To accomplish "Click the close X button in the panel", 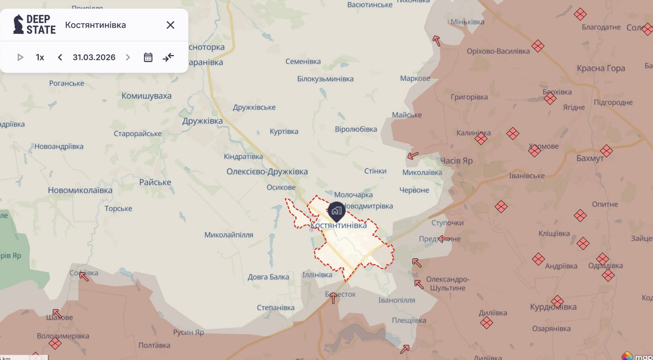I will tap(170, 25).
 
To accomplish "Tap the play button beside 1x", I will tap(20, 57).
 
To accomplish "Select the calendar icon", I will tap(148, 57).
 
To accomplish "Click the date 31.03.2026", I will tap(94, 57).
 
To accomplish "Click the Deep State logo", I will tap(34, 24).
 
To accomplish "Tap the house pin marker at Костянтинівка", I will tap(336, 210).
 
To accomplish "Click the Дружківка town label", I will tap(202, 121).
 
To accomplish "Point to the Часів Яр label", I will tap(456, 161).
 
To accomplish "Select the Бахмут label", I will tap(590, 158).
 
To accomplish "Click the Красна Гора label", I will tap(600, 68).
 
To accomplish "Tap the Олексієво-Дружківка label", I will tap(267, 171).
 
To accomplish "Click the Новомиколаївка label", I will tap(80, 190).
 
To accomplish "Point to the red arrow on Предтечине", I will tap(444, 239).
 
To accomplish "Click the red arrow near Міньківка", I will tap(436, 41).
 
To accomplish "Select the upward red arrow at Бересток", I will tap(333, 298).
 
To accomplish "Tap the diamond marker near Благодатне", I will tap(580, 14).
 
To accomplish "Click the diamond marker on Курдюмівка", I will tap(557, 301).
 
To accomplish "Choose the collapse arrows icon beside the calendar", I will tap(168, 57).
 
